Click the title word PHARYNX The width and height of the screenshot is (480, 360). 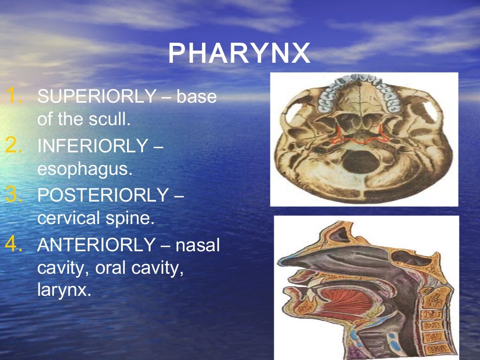(239, 54)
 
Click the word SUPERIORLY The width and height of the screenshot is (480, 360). (97, 97)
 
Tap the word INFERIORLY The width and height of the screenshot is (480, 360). (92, 146)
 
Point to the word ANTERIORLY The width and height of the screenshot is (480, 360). (96, 245)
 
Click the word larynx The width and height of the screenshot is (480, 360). (62, 290)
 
